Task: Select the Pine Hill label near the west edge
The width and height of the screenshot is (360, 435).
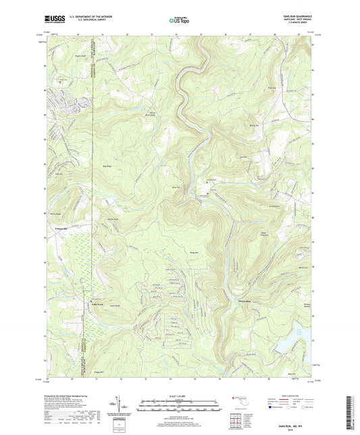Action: pyautogui.click(x=59, y=174)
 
